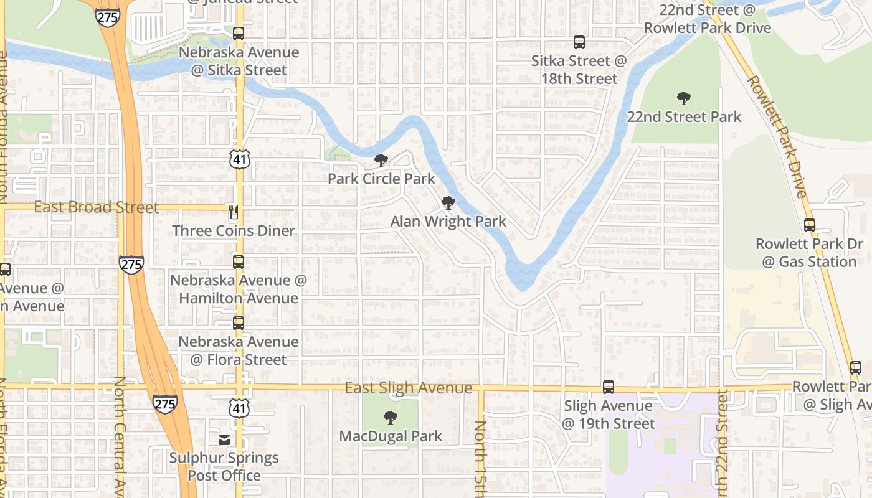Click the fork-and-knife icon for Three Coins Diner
pos(234,212)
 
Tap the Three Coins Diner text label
pos(234,231)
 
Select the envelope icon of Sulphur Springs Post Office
pos(224,440)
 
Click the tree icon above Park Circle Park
pos(381,161)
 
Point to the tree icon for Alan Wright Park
pos(448,203)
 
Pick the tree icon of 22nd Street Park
pos(684,98)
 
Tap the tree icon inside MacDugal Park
pos(391,418)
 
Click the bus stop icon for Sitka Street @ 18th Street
pos(579,42)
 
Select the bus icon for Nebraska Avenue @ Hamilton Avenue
pos(239,262)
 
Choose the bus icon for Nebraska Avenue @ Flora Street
pos(239,323)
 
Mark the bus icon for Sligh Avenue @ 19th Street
pos(609,387)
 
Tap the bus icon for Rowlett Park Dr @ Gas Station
pos(810,225)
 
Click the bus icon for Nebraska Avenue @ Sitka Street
pos(239,34)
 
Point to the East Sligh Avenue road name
pos(409,388)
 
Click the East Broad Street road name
pos(96,207)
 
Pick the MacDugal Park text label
pos(391,436)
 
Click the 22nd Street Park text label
pos(684,117)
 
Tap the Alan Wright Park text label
pos(448,222)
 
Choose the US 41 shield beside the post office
pos(239,408)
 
